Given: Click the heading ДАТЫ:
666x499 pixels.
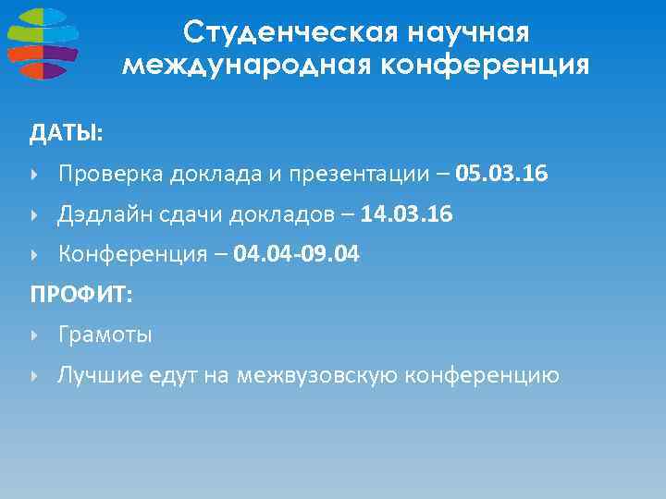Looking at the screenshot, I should tap(66, 135).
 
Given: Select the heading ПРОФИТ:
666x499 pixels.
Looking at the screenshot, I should tap(81, 295).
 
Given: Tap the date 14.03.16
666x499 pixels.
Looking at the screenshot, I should tap(407, 214).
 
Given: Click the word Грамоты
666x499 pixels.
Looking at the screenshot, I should tap(105, 335).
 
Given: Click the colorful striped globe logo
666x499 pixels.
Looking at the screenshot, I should tap(43, 43).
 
